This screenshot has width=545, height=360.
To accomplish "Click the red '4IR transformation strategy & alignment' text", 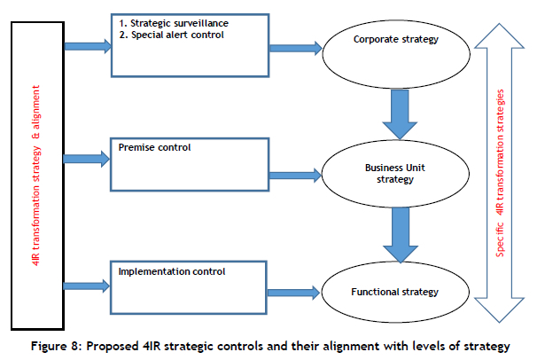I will pos(36,169).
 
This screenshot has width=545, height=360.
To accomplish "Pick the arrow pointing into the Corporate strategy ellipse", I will pos(296,42).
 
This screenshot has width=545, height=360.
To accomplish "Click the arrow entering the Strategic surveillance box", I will pos(86,43).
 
